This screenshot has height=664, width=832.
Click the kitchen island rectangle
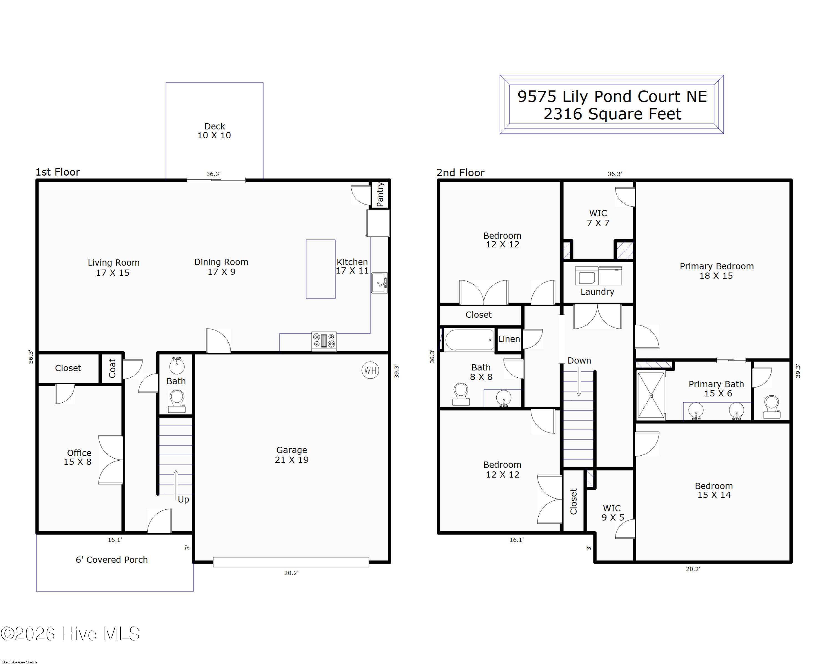pos(321,269)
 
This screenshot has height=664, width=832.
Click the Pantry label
pos(380,195)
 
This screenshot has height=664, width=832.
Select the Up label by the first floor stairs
pos(183,499)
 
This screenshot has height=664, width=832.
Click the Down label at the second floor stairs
pos(579,360)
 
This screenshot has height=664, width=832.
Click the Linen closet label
pos(509,339)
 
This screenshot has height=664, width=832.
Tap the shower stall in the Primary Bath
pos(651,395)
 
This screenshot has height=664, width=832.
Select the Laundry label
pos(597,292)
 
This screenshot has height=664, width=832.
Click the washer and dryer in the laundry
pos(598,276)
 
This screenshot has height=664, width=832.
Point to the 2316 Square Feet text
pos(612,114)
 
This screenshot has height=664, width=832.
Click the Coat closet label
pos(112,368)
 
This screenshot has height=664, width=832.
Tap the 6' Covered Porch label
pos(111,560)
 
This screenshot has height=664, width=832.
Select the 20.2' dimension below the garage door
pos(291,573)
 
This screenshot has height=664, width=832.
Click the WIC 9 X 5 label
pos(612,513)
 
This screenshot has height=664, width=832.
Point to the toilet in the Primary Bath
pos(772,407)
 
